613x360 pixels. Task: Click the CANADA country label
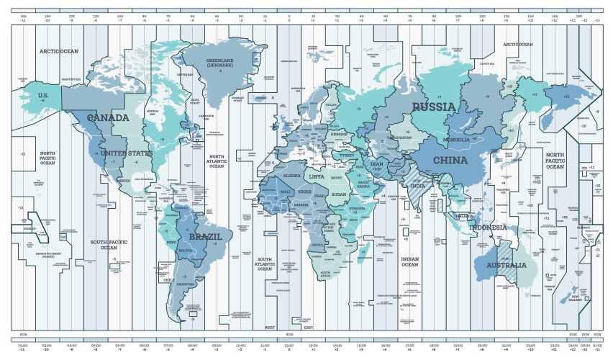tap(108, 117)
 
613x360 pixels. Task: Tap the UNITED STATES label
tap(126, 153)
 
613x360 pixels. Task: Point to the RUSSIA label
tap(434, 107)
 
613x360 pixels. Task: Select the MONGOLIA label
tap(456, 139)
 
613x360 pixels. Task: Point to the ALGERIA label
tap(292, 175)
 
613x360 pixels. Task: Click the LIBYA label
tap(316, 176)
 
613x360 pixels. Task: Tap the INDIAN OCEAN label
tap(409, 263)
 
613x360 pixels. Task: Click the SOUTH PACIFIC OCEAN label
tap(109, 245)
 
